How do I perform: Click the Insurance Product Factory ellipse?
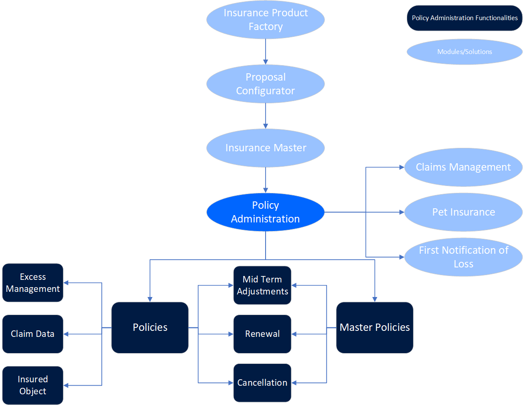(x=266, y=19)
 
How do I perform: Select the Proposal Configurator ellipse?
(x=266, y=84)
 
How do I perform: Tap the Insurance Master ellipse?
(x=266, y=148)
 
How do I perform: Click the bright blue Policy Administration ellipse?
(x=266, y=212)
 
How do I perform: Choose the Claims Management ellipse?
(x=463, y=167)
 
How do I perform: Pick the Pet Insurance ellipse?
(x=463, y=212)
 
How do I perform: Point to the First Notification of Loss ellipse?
(x=463, y=257)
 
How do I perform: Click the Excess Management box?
(x=33, y=283)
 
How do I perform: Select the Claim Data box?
(x=33, y=334)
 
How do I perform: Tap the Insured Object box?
(x=33, y=385)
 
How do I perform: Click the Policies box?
(x=150, y=327)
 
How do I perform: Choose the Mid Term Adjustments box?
(x=263, y=285)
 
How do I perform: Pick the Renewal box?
(x=263, y=334)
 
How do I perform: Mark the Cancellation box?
(x=263, y=383)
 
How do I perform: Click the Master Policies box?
(x=375, y=327)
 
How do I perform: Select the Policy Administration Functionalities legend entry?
(x=465, y=18)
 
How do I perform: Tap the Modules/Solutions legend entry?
(x=465, y=52)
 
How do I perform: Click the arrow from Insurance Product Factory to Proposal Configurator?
(x=266, y=51)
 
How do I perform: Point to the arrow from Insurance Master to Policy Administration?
(x=266, y=180)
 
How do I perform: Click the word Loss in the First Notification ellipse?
(x=463, y=264)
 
